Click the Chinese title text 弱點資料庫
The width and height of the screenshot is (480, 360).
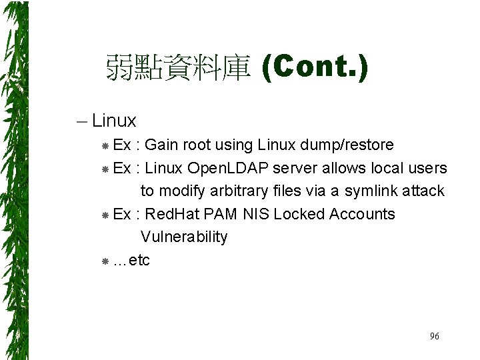(x=177, y=69)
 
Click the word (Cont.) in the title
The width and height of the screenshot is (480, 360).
(x=314, y=67)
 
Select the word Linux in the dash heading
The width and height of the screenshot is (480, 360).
(x=114, y=121)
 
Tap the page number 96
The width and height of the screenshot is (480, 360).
(x=434, y=337)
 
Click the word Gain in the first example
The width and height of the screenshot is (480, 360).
(x=161, y=145)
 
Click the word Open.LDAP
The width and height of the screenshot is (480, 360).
(x=225, y=168)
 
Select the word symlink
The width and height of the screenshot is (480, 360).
(x=371, y=191)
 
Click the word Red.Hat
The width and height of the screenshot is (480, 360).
(x=171, y=214)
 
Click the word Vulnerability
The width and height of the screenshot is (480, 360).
(x=184, y=237)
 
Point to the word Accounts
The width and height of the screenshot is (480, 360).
(x=362, y=214)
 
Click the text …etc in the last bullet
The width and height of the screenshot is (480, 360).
(x=132, y=260)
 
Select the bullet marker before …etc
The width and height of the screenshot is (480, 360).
(x=105, y=261)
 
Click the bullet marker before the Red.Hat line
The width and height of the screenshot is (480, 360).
(x=105, y=215)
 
